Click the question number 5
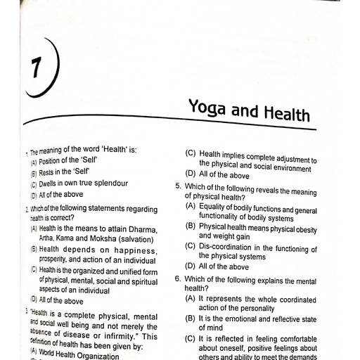[x=178, y=186]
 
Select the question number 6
[x=178, y=278]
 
